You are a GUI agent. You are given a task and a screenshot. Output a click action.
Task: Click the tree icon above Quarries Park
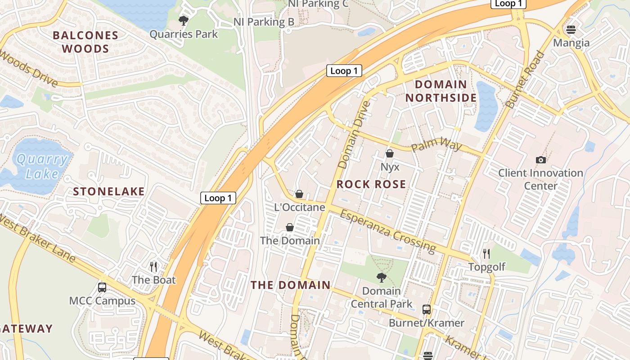click(183, 20)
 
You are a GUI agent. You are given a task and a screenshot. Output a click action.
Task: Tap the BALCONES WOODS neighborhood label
click(85, 42)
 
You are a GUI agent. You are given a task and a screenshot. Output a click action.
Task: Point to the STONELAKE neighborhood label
click(109, 192)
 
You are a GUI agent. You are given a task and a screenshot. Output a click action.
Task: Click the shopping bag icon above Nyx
click(390, 153)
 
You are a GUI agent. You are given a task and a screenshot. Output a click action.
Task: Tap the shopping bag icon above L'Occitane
click(299, 194)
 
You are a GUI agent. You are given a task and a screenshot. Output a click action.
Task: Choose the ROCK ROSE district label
click(371, 184)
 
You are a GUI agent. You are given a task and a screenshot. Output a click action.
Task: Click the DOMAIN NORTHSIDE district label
click(441, 91)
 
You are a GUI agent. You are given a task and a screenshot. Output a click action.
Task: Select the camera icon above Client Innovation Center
click(540, 160)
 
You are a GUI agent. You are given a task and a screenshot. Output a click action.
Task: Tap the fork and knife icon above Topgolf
click(486, 254)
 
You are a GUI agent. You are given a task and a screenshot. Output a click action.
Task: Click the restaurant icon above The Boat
click(153, 267)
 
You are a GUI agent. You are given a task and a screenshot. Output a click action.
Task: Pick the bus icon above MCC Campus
click(102, 288)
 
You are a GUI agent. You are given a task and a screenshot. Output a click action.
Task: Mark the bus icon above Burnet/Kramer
click(426, 310)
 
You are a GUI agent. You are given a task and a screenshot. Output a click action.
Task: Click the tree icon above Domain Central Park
click(381, 278)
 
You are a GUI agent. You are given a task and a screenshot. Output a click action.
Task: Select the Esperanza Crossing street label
click(387, 231)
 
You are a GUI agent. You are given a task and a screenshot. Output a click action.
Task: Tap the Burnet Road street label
click(525, 80)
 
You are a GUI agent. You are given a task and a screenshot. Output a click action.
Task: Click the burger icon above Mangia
click(571, 30)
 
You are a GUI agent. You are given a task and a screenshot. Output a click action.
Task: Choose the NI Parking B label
click(264, 22)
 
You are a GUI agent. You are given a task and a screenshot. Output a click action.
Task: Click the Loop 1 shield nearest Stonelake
click(218, 198)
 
